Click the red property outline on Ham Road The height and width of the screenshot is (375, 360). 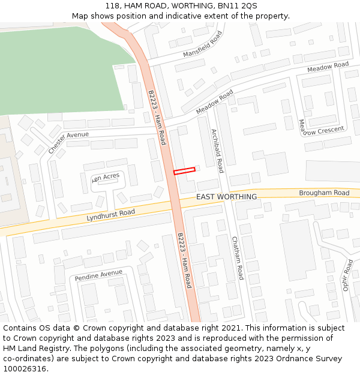pos(184,171)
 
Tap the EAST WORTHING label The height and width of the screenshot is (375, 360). pos(226,197)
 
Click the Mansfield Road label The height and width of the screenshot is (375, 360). pos(203,44)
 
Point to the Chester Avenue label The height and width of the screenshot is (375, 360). pos(68,142)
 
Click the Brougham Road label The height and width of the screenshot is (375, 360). pos(324,193)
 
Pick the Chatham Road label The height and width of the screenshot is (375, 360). pos(238,257)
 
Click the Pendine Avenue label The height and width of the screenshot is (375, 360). pos(98,276)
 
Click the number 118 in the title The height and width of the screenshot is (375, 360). pos(112,5)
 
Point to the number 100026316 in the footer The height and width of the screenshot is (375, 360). pos(25,368)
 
